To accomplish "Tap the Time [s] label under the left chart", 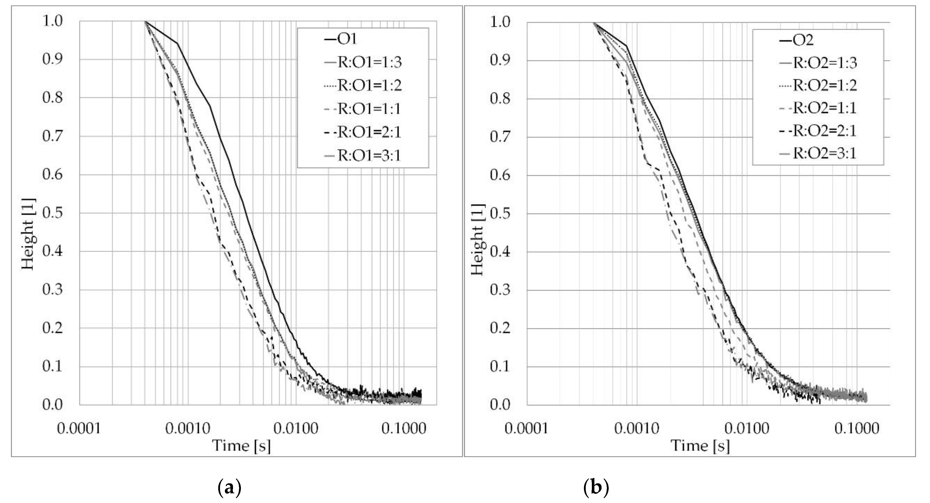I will click(x=241, y=446).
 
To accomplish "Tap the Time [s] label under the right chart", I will click(x=700, y=446).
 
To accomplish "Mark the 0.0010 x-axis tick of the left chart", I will click(x=188, y=429).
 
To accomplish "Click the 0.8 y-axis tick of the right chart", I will click(x=500, y=99).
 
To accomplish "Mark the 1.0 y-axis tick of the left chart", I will click(x=52, y=21).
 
